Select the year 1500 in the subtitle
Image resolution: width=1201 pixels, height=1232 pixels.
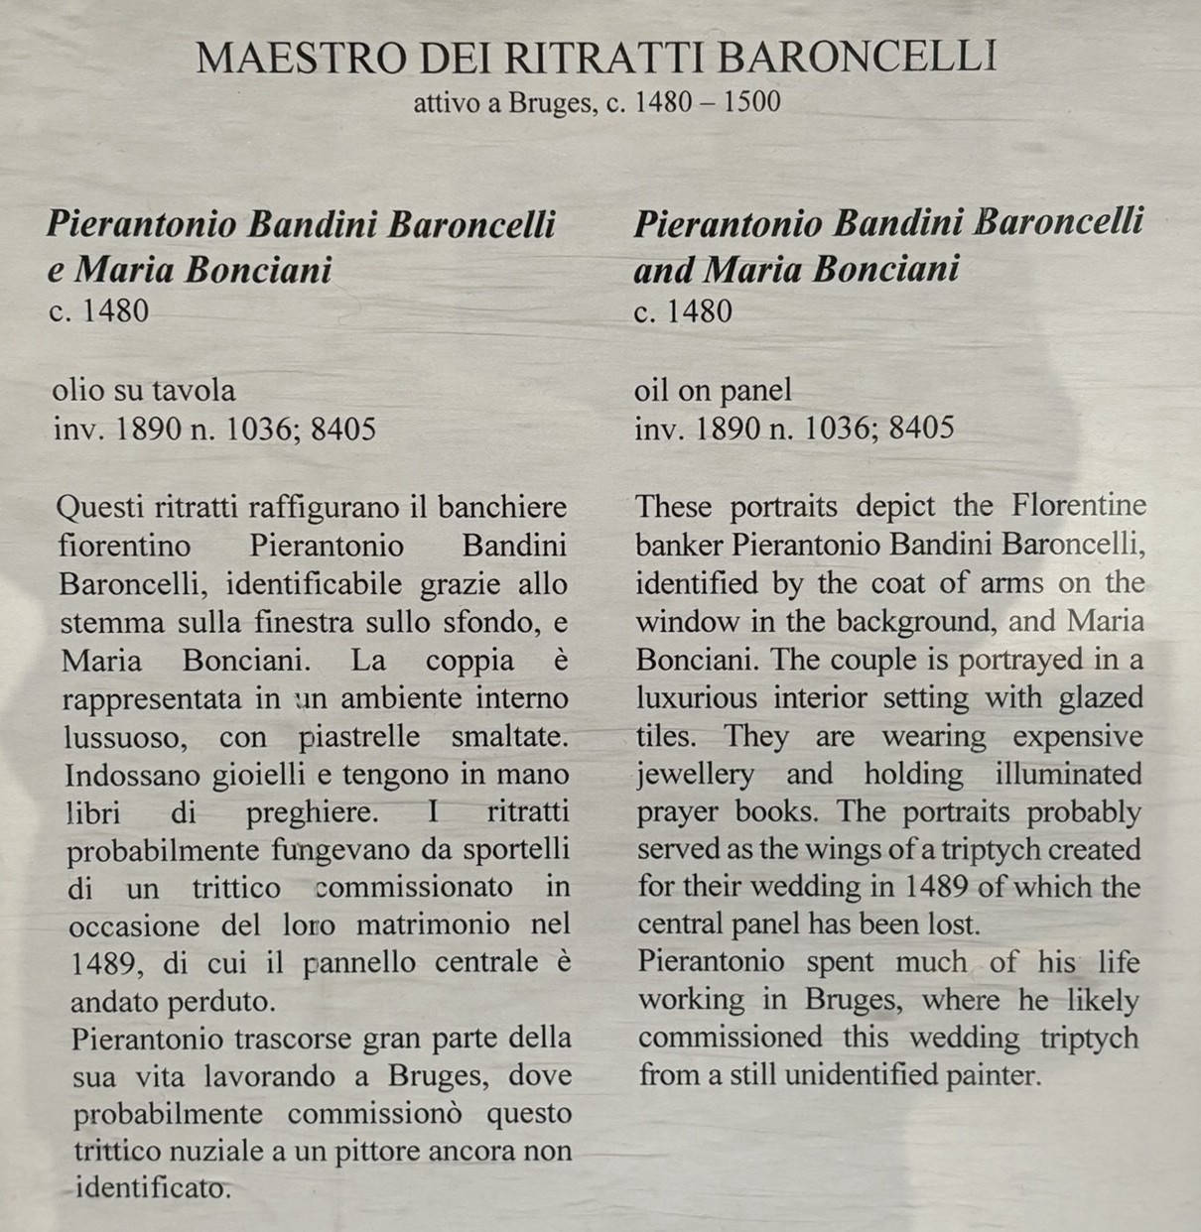point(751,102)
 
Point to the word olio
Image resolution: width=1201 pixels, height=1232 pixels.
point(76,390)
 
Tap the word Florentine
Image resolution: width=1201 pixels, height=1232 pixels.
point(1079,506)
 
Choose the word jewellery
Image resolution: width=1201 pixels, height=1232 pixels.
point(696,775)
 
